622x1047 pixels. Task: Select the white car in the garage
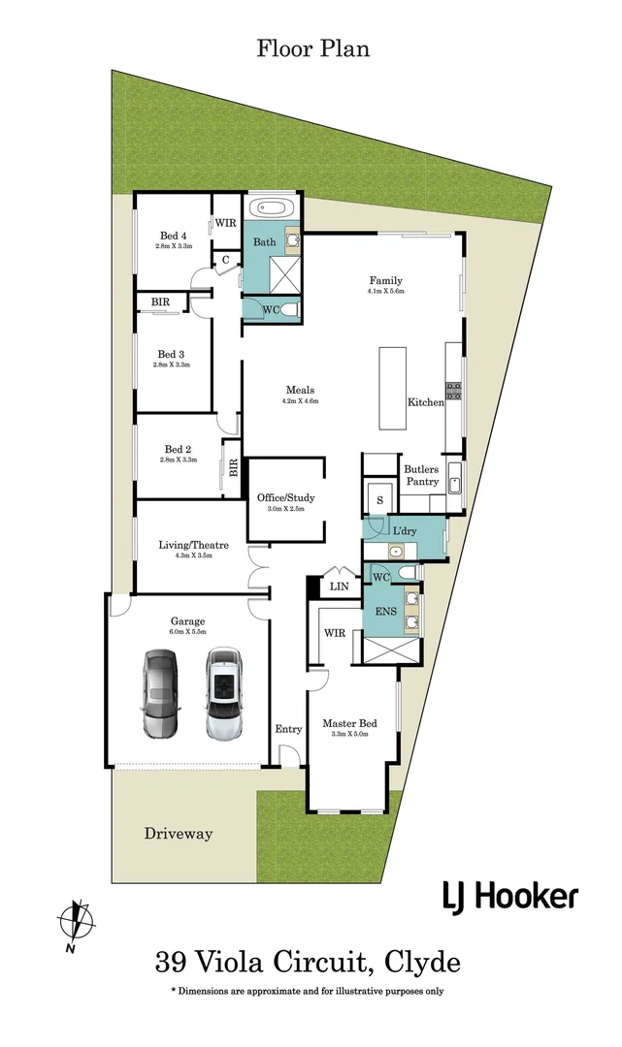point(223,695)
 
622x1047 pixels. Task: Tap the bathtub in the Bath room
point(272,209)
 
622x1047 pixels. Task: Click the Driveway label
point(178,834)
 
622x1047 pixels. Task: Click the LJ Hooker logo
point(510,897)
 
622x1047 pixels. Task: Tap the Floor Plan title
point(312,48)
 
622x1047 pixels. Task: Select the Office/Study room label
point(285,498)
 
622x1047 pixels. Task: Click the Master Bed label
point(349,724)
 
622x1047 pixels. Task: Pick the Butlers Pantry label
point(421,475)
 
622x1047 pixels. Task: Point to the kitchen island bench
point(393,388)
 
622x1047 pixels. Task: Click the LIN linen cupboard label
point(339,587)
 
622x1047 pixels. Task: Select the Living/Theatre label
point(194,546)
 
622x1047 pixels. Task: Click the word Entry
point(288,729)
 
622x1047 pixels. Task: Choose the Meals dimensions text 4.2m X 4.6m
point(300,400)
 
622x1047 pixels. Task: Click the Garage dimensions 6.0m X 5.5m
point(186,632)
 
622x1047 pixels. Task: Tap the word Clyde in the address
point(423,963)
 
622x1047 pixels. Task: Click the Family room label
point(385,280)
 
